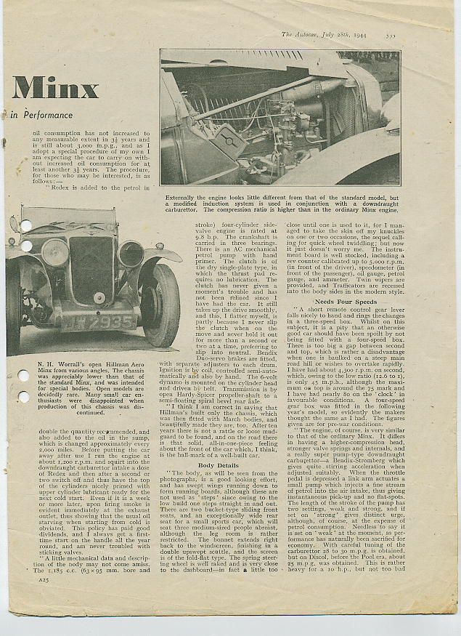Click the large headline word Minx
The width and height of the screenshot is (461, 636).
coord(54,88)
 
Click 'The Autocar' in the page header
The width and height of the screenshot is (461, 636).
coord(301,34)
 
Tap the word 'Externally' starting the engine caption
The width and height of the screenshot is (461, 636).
coord(183,197)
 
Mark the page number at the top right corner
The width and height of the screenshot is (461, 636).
coord(391,34)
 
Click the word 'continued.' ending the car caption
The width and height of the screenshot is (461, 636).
coord(91,412)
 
